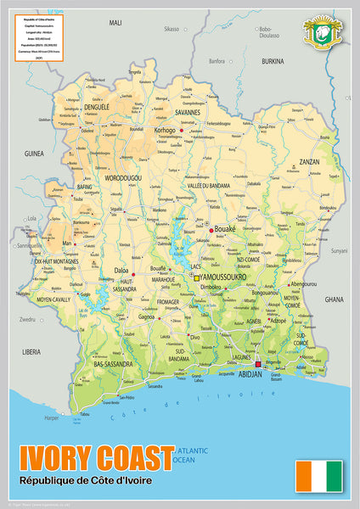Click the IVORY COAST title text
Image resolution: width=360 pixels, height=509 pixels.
coord(90,460)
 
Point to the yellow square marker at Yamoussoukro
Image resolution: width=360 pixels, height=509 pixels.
coord(197,277)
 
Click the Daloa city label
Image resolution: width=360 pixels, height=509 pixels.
coord(121,271)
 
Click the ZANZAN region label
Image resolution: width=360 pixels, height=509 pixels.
coord(309,161)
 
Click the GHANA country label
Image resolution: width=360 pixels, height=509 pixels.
coord(334,299)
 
